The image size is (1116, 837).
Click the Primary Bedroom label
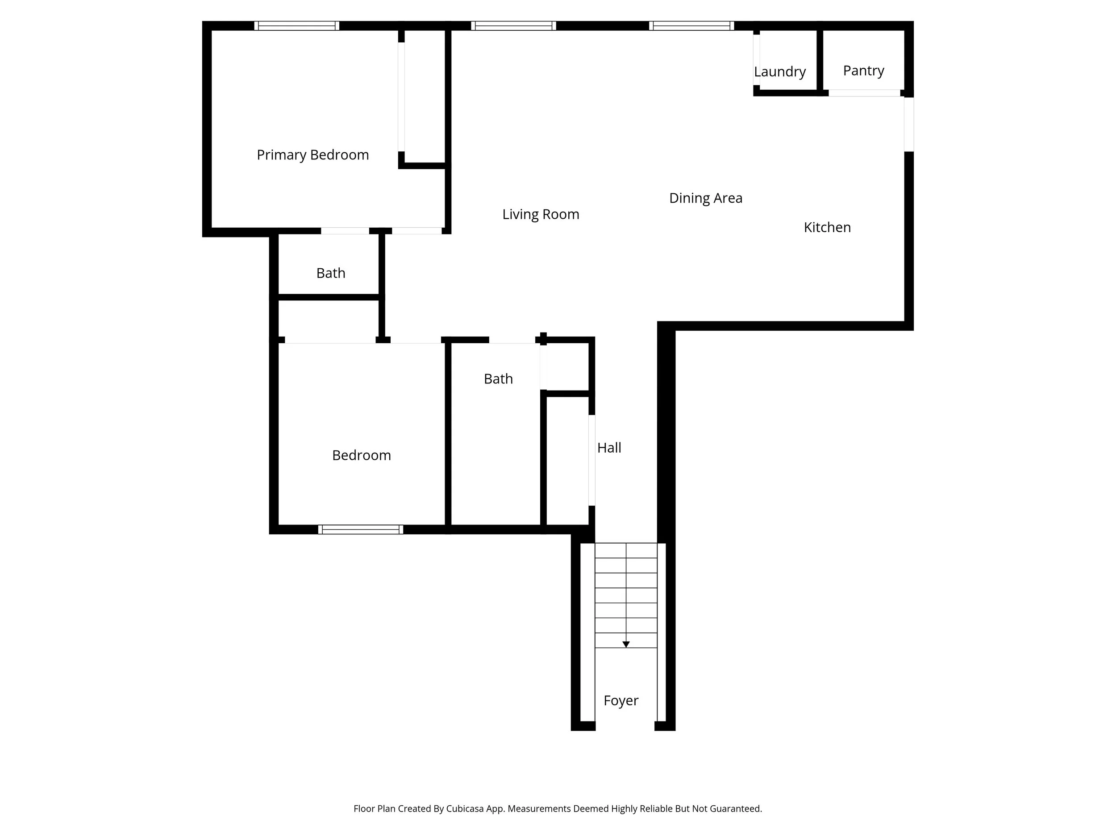pyautogui.click(x=312, y=155)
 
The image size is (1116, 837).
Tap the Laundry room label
pyautogui.click(x=779, y=71)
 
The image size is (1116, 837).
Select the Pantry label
pyautogui.click(x=863, y=71)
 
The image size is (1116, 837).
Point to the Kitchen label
pyautogui.click(x=827, y=228)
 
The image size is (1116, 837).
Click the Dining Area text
pyautogui.click(x=705, y=198)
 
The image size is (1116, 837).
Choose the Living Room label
pyautogui.click(x=540, y=214)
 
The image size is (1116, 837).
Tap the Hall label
pyautogui.click(x=609, y=448)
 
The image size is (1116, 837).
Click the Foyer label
pyautogui.click(x=620, y=701)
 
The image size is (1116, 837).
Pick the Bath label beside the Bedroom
pyautogui.click(x=498, y=379)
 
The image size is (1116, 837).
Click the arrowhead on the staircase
pyautogui.click(x=625, y=645)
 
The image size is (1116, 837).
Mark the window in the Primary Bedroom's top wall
pyautogui.click(x=297, y=26)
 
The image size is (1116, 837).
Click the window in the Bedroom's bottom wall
pyautogui.click(x=360, y=529)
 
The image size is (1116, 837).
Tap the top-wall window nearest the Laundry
pyautogui.click(x=691, y=26)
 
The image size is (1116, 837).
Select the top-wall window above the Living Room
pyautogui.click(x=513, y=26)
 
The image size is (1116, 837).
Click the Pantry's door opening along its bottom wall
pyautogui.click(x=864, y=93)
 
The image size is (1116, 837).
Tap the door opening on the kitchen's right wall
pyautogui.click(x=908, y=124)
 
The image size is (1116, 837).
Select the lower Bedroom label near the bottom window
pyautogui.click(x=361, y=456)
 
